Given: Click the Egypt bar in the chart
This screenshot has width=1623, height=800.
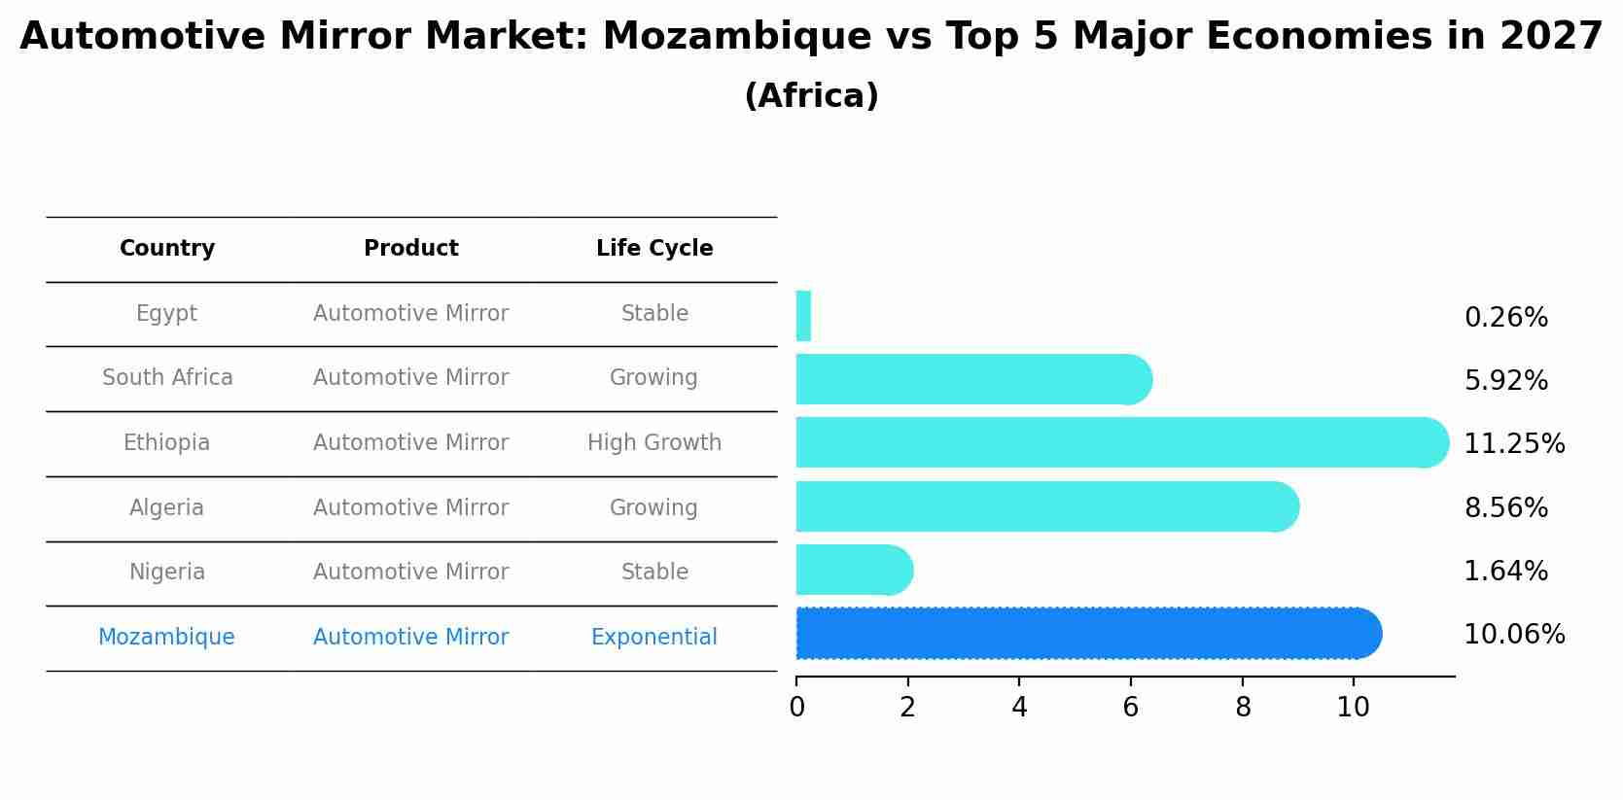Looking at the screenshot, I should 803,316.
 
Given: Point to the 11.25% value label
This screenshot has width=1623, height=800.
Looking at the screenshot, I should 1513,444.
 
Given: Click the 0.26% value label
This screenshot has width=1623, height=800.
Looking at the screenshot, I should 1505,318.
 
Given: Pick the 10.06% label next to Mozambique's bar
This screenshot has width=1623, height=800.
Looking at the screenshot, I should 1513,635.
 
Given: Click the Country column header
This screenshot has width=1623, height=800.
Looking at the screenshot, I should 167,249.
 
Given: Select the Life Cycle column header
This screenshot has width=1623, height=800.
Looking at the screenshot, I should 654,249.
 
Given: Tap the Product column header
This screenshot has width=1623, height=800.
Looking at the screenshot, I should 410,249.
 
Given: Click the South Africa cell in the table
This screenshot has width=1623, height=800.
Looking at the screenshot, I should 167,378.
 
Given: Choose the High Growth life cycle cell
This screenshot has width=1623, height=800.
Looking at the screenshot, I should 654,443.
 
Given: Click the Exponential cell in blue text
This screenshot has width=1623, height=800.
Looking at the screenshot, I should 653,638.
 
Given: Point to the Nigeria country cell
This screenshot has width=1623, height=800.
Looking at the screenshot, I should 167,573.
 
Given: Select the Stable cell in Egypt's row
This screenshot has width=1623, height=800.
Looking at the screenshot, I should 654,314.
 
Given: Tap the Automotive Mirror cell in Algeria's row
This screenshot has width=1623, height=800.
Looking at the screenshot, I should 410,508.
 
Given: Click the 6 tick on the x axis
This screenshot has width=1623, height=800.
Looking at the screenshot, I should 1130,708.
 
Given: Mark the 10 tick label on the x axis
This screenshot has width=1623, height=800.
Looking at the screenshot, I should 1353,708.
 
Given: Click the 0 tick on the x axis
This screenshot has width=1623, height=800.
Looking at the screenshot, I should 796,708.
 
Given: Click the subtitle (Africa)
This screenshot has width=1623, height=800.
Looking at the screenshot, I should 811,96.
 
